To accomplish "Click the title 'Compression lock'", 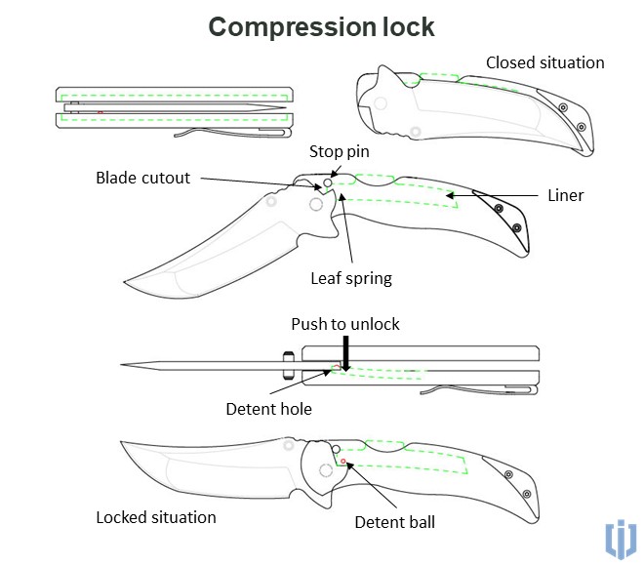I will (x=321, y=26).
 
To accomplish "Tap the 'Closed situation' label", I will (x=545, y=62).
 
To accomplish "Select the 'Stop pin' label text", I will (x=340, y=151).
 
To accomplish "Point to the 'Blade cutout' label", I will (x=142, y=178).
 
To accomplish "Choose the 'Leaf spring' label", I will (x=350, y=278).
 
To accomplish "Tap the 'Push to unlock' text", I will (x=345, y=324).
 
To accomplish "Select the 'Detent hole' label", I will (x=268, y=409).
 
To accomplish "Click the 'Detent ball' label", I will (x=395, y=522).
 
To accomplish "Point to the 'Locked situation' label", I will (x=155, y=516).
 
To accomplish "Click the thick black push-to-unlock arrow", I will (x=345, y=352).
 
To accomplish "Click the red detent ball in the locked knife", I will (x=343, y=461).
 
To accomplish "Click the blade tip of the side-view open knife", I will (x=124, y=366).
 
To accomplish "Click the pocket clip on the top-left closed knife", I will (x=234, y=132).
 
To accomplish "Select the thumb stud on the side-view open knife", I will (x=289, y=365).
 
